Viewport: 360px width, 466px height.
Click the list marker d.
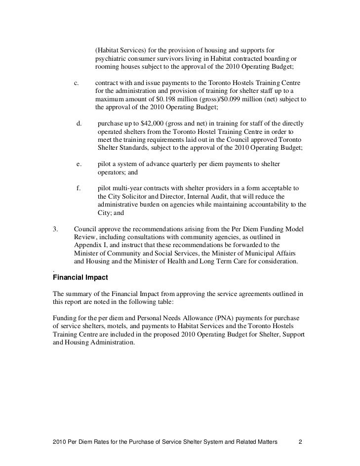click(x=78, y=123)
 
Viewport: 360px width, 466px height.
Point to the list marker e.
click(x=78, y=164)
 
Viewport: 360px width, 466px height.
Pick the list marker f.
click(x=78, y=188)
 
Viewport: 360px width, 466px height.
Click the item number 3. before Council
click(x=55, y=229)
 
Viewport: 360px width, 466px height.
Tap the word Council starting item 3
click(x=86, y=229)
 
